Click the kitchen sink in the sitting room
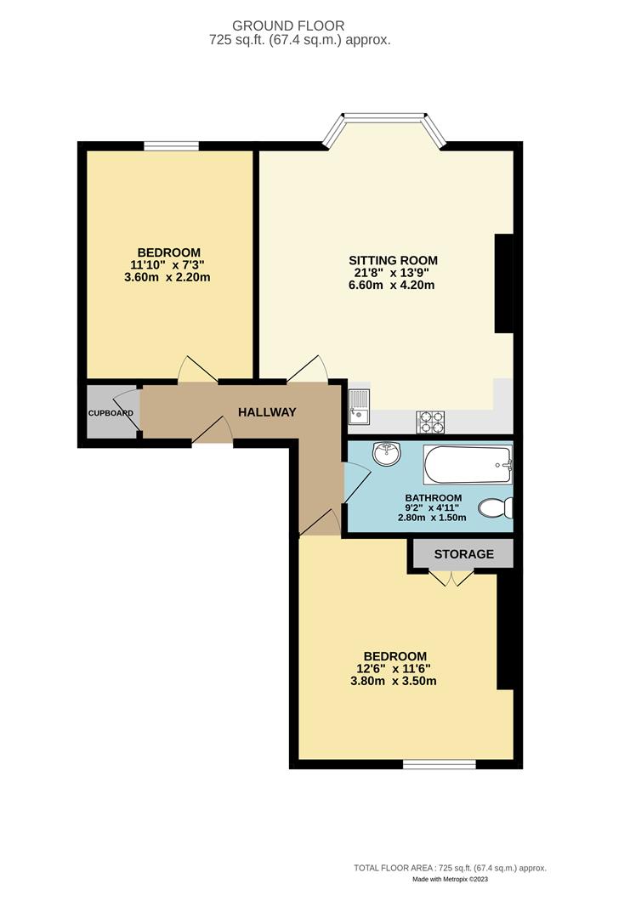click(x=358, y=406)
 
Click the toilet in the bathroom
click(x=495, y=508)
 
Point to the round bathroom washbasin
click(x=386, y=454)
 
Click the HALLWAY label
click(x=267, y=412)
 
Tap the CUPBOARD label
click(x=111, y=413)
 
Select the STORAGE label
click(x=463, y=554)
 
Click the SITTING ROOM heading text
click(x=393, y=260)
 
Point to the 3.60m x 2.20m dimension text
click(x=169, y=277)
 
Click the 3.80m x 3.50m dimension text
click(x=394, y=681)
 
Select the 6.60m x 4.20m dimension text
click(x=393, y=286)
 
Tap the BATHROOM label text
click(x=433, y=498)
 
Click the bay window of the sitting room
click(x=384, y=118)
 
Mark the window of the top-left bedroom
click(x=171, y=146)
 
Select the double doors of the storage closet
click(x=451, y=578)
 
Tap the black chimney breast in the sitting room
click(x=504, y=283)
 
